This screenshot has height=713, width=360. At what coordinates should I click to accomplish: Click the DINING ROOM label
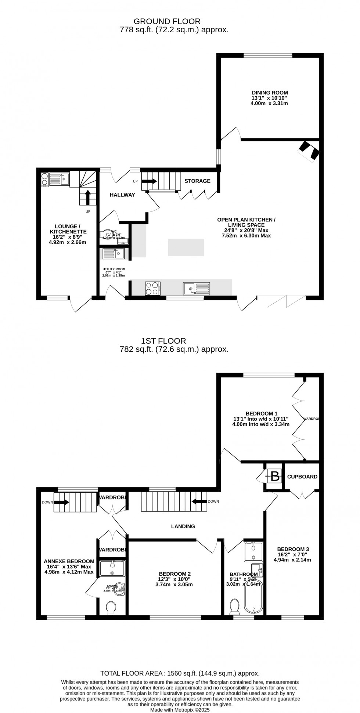pos(270,93)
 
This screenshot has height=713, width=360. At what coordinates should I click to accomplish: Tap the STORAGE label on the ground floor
pos(197,181)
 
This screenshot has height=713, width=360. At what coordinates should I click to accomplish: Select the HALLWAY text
pos(122,195)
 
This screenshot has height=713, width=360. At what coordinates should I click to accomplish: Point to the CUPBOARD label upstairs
pos(302,477)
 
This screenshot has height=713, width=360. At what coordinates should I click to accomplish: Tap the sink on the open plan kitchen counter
pos(197,289)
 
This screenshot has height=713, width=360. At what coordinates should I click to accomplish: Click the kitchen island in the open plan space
pos(186,247)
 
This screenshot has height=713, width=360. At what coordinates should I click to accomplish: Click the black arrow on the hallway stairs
pos(149,181)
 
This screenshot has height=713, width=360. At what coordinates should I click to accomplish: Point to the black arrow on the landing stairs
pos(199,502)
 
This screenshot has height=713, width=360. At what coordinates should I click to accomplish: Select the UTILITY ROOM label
pos(114,269)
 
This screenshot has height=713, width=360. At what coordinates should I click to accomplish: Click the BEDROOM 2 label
pos(175,574)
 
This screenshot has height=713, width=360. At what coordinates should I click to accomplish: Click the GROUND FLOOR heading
pos(167,21)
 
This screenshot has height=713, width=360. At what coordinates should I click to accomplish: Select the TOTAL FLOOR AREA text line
pos(180,673)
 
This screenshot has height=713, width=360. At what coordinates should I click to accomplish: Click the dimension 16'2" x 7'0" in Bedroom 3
pos(292,555)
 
